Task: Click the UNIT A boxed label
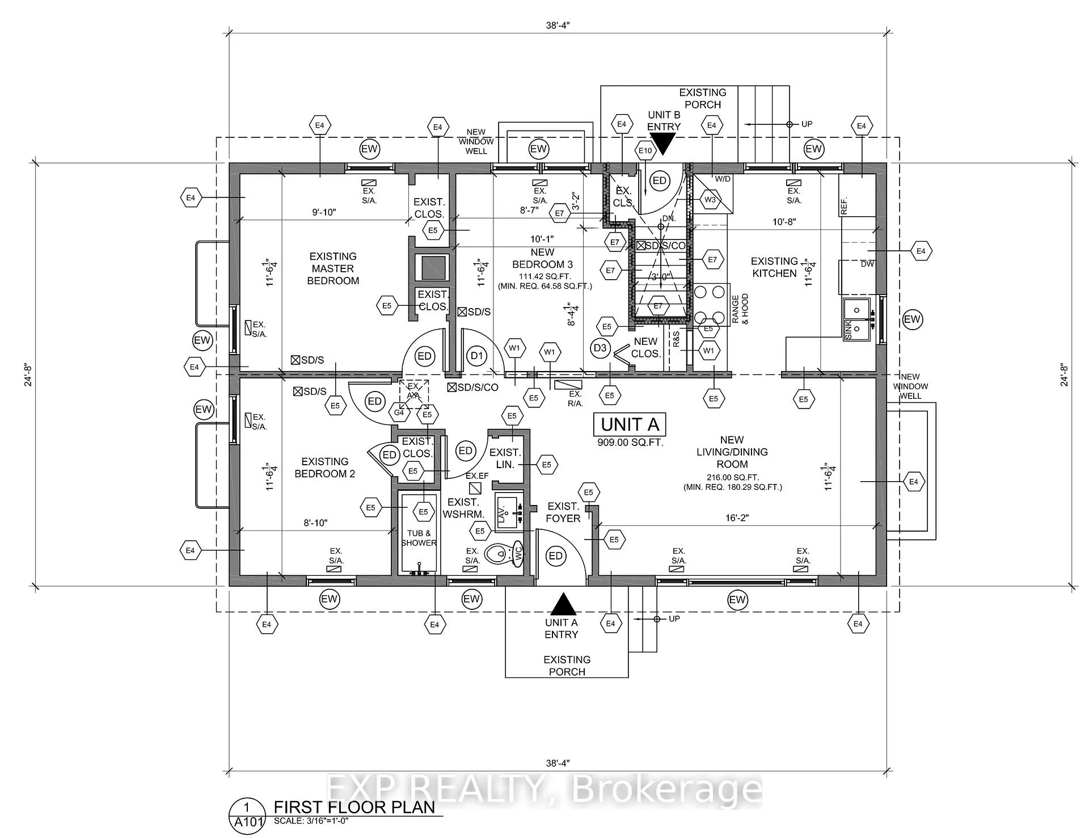point(630,424)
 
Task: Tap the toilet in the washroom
point(504,551)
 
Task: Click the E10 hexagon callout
point(645,150)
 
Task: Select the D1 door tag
point(477,356)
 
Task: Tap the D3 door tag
point(600,348)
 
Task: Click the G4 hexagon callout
point(399,412)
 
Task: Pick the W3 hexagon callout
point(710,200)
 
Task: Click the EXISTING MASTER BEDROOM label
point(333,268)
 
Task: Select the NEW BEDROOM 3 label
point(543,258)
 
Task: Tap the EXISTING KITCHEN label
point(774,267)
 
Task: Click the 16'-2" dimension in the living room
point(737,518)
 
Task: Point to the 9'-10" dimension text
point(324,212)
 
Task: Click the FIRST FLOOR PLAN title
point(354,807)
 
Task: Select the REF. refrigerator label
point(844,204)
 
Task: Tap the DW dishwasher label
point(867,264)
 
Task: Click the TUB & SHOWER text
point(419,538)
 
